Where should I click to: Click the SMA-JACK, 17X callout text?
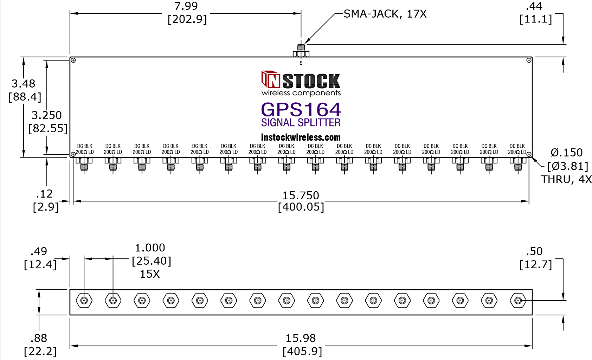coord(385,14)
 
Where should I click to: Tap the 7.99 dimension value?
coord(186,6)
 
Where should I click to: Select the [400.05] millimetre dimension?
coord(301,207)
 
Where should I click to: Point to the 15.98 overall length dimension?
coord(301,338)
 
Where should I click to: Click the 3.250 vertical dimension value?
coord(46,115)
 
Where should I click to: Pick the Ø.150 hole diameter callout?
coord(567,153)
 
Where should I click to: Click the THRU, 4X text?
coord(566,180)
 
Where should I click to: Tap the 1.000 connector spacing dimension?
coord(150,247)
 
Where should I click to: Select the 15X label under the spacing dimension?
coord(150,274)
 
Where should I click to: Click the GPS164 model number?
coord(301,109)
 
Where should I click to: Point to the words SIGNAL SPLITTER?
coord(301,122)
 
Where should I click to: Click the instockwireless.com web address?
coord(301,137)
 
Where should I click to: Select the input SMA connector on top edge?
coord(301,51)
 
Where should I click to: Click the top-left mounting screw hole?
coord(73,60)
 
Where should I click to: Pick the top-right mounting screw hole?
coord(529,60)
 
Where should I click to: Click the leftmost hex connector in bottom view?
coord(84,301)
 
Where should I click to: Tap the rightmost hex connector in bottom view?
coord(518,301)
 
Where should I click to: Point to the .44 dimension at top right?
coord(534,6)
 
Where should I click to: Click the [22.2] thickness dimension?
coord(40,351)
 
